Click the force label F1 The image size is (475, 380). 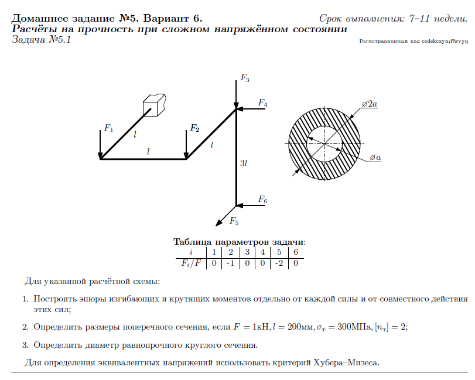pyautogui.click(x=108, y=127)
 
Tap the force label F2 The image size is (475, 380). pyautogui.click(x=194, y=128)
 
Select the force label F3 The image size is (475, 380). pyautogui.click(x=245, y=78)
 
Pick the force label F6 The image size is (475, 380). pyautogui.click(x=262, y=200)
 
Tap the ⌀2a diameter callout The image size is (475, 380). pyautogui.click(x=370, y=104)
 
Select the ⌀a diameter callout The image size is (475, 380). pyautogui.click(x=375, y=158)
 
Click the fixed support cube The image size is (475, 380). pyautogui.click(x=153, y=105)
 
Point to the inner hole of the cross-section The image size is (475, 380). pyautogui.click(x=324, y=143)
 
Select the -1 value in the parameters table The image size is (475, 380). pyautogui.click(x=230, y=263)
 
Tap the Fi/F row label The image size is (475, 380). pyautogui.click(x=191, y=263)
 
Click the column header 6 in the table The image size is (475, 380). pyautogui.click(x=296, y=252)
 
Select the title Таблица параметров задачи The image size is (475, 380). pyautogui.click(x=240, y=242)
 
